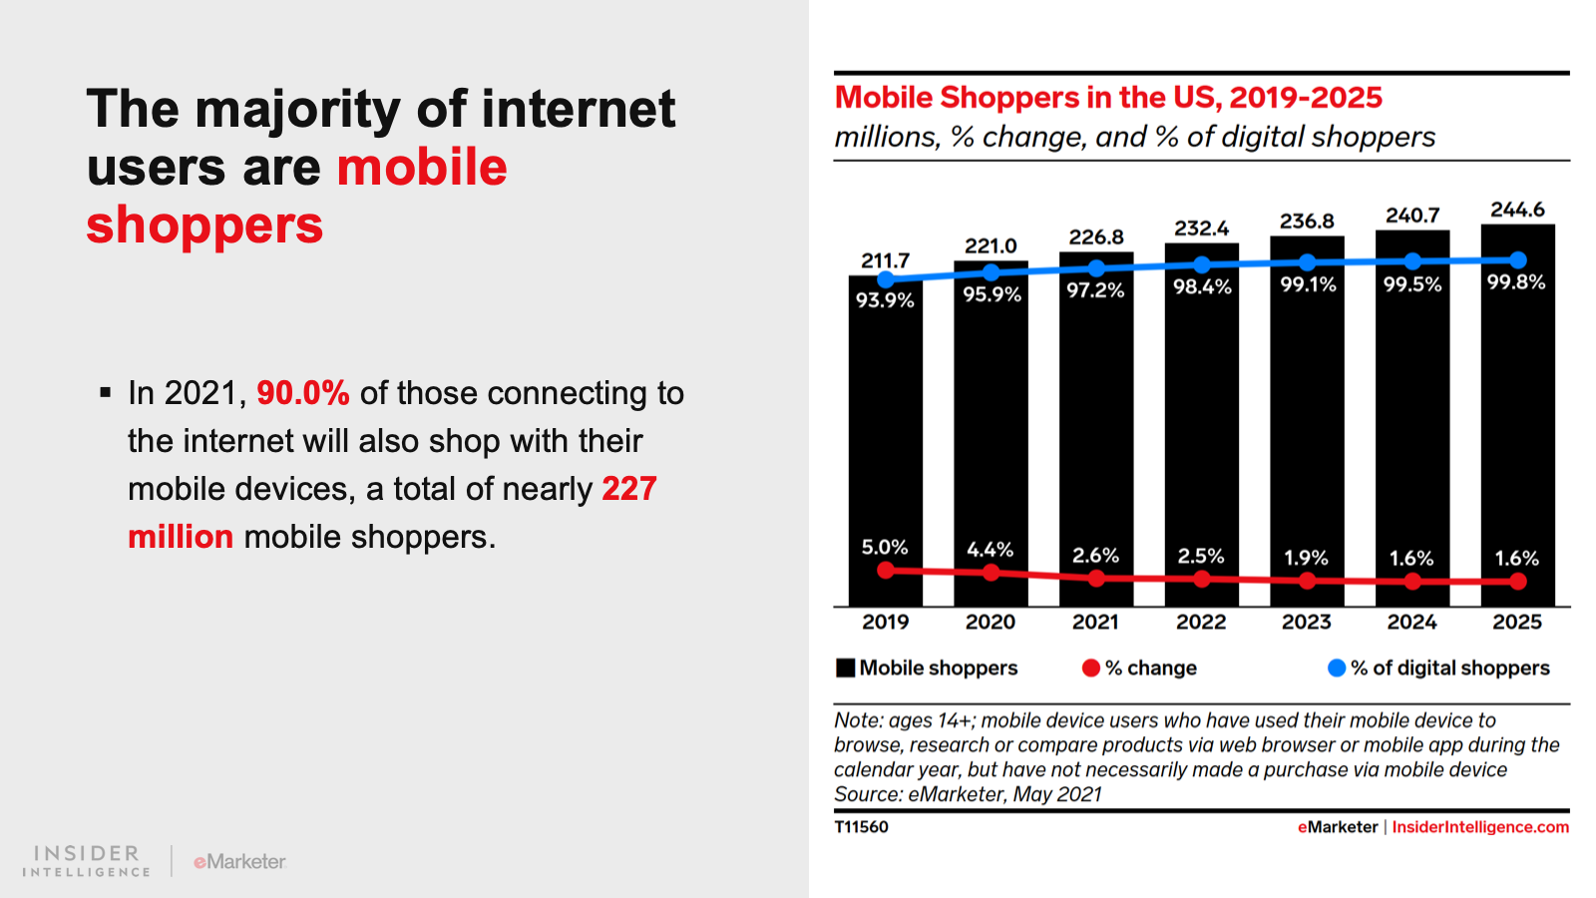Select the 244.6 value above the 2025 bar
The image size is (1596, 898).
pyautogui.click(x=1517, y=210)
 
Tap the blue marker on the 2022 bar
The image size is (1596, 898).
pyautogui.click(x=1202, y=265)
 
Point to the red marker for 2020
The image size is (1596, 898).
pyautogui.click(x=991, y=573)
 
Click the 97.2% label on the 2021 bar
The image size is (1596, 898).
pyautogui.click(x=1095, y=290)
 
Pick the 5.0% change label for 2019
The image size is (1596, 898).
pyautogui.click(x=885, y=547)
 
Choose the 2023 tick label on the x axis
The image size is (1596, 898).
pyautogui.click(x=1306, y=622)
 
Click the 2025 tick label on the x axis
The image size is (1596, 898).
pyautogui.click(x=1516, y=622)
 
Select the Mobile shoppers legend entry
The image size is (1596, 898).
pyautogui.click(x=927, y=668)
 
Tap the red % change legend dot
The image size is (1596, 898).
pyautogui.click(x=1090, y=668)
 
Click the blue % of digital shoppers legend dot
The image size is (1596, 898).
pyautogui.click(x=1337, y=668)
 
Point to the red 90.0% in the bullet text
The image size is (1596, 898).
pyautogui.click(x=302, y=393)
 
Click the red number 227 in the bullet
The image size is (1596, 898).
pyautogui.click(x=628, y=489)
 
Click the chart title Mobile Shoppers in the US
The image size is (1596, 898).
pyautogui.click(x=1107, y=98)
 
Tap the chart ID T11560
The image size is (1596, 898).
pyautogui.click(x=861, y=827)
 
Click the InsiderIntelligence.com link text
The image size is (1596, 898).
pyautogui.click(x=1480, y=827)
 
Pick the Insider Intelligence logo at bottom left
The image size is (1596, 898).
pyautogui.click(x=87, y=860)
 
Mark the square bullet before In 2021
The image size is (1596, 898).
pyautogui.click(x=105, y=393)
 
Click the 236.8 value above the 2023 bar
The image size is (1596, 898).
pyautogui.click(x=1307, y=222)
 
